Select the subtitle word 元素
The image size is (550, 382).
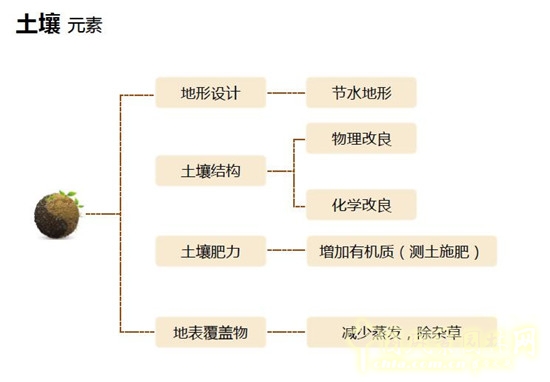[84, 26]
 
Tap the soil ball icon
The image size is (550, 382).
[58, 214]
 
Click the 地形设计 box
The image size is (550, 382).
[211, 94]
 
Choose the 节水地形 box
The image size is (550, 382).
[360, 94]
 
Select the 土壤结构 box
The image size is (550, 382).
[211, 171]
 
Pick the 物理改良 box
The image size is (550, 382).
[360, 137]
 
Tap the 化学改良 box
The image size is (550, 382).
[360, 206]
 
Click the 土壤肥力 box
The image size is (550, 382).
[211, 250]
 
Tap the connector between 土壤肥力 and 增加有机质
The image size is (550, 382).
[287, 250]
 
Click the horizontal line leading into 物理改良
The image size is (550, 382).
[299, 138]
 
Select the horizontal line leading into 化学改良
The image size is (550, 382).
[299, 206]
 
